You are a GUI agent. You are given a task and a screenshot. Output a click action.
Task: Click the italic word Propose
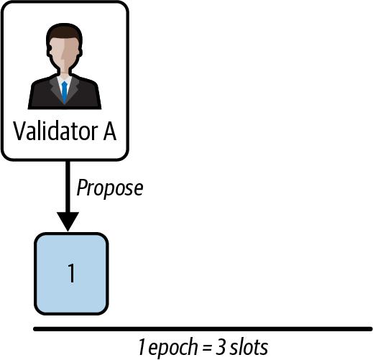[x=110, y=188]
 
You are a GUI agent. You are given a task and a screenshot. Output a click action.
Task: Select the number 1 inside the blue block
[x=71, y=274]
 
